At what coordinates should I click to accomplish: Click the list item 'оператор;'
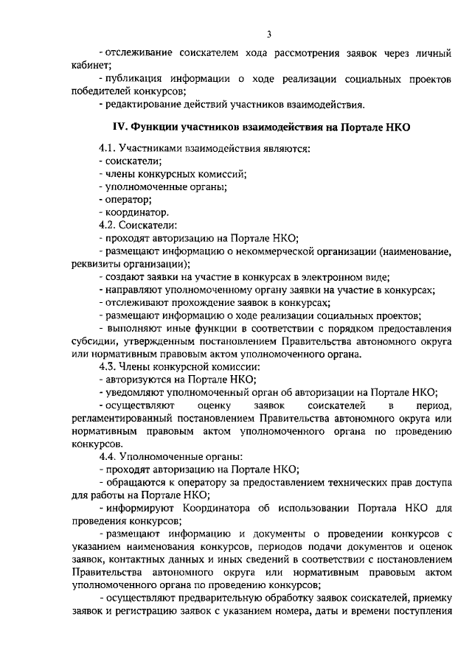click(x=127, y=200)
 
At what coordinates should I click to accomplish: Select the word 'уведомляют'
click(x=133, y=393)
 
